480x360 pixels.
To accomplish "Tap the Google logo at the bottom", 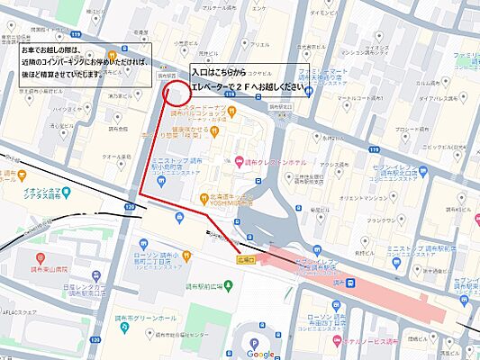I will [x=260, y=354].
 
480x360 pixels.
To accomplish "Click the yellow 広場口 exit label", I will [x=246, y=258].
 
